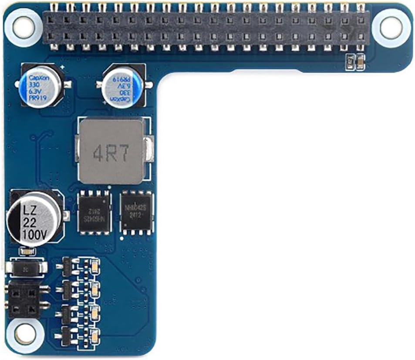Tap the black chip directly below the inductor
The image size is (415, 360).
(94, 213)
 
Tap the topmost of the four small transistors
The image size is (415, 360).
(67, 265)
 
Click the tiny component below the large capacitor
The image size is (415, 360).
(28, 251)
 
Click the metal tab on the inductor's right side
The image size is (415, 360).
(150, 150)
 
